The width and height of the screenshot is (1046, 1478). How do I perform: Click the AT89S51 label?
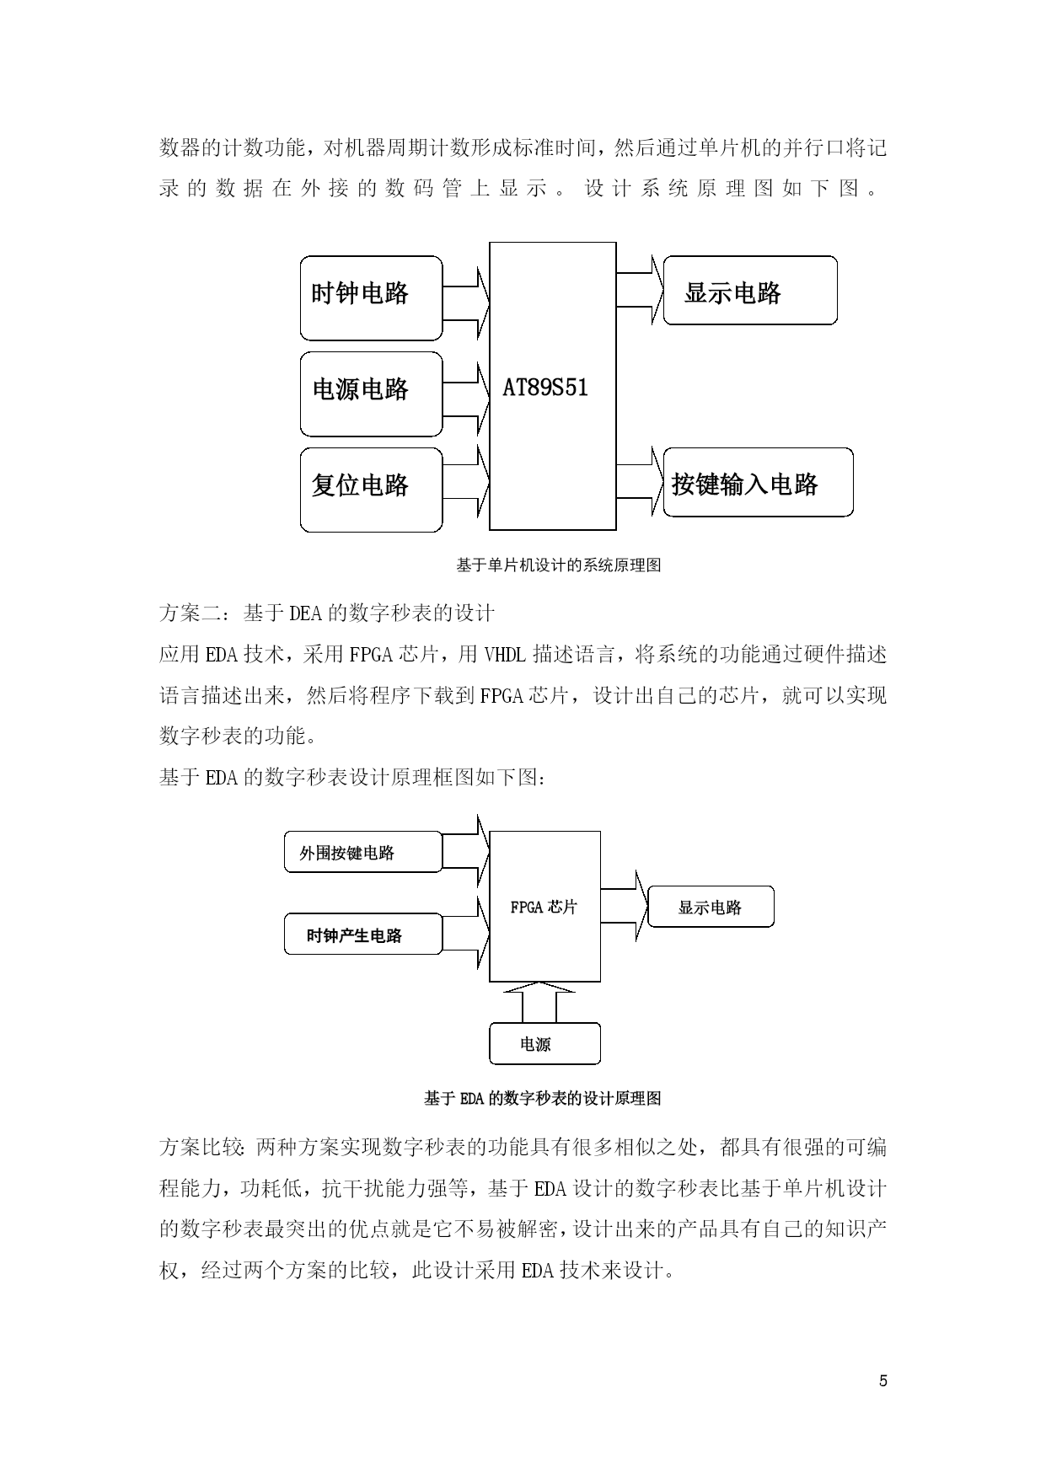[x=545, y=388]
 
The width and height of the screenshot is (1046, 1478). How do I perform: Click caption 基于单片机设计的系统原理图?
[x=558, y=566]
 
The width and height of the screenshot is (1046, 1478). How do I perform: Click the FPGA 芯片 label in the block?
[x=544, y=908]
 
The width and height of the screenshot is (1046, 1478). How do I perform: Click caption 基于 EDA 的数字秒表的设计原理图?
[x=543, y=1099]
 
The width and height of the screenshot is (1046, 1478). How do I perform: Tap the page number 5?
[x=883, y=1380]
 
